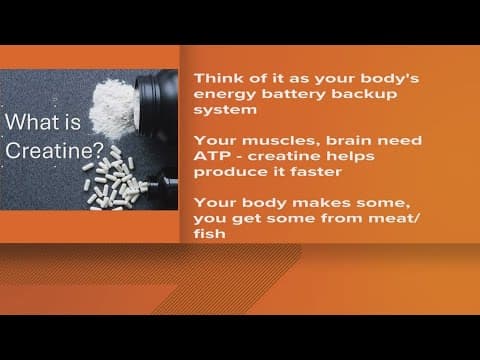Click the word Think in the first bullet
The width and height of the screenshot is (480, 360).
point(214,78)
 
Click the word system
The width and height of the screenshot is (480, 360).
point(220,111)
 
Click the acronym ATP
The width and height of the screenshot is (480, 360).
point(210,156)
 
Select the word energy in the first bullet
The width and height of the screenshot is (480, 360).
point(221,94)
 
